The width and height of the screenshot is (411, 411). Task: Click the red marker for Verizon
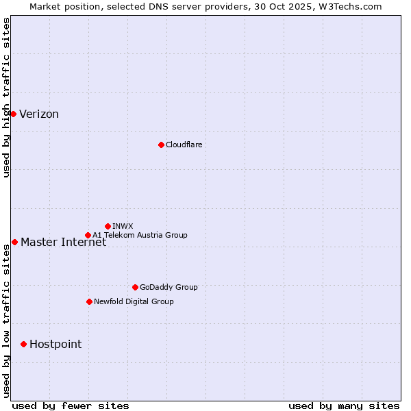point(13,114)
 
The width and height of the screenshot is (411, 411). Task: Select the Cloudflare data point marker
point(161,145)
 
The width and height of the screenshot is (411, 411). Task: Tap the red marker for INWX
point(108,226)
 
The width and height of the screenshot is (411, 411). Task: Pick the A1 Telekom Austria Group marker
point(88,235)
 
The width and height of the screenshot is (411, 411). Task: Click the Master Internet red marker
point(14,242)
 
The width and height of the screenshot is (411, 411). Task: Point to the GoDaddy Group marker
point(135,287)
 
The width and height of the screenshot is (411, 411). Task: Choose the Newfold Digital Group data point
point(89,301)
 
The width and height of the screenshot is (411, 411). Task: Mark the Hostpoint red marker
point(23,344)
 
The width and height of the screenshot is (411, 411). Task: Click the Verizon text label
point(39,114)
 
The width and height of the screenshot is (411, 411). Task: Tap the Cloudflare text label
point(184,145)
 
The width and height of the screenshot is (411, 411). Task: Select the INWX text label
point(123,226)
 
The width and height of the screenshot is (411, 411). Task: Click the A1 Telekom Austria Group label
point(140,235)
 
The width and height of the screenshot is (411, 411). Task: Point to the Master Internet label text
point(63,242)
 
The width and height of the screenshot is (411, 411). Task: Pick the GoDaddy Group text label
point(169,287)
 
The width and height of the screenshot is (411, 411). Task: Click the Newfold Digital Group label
point(134,301)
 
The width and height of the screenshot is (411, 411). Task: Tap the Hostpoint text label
point(55,345)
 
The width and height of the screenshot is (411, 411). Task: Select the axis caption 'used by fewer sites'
point(71,406)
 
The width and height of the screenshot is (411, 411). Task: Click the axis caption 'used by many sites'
point(344,406)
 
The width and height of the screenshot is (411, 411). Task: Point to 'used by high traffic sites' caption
point(6,97)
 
